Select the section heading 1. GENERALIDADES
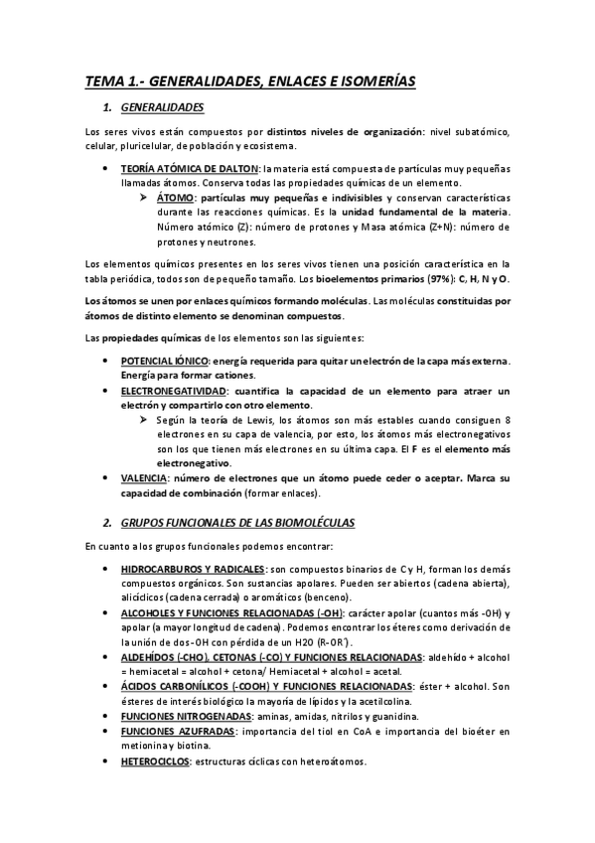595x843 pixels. point(161,106)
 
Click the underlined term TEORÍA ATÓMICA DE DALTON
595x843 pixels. point(189,169)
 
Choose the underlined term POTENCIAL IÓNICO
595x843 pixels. point(164,359)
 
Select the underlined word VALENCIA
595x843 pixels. point(143,478)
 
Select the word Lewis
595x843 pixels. point(256,421)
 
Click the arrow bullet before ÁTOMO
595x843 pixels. point(144,198)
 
